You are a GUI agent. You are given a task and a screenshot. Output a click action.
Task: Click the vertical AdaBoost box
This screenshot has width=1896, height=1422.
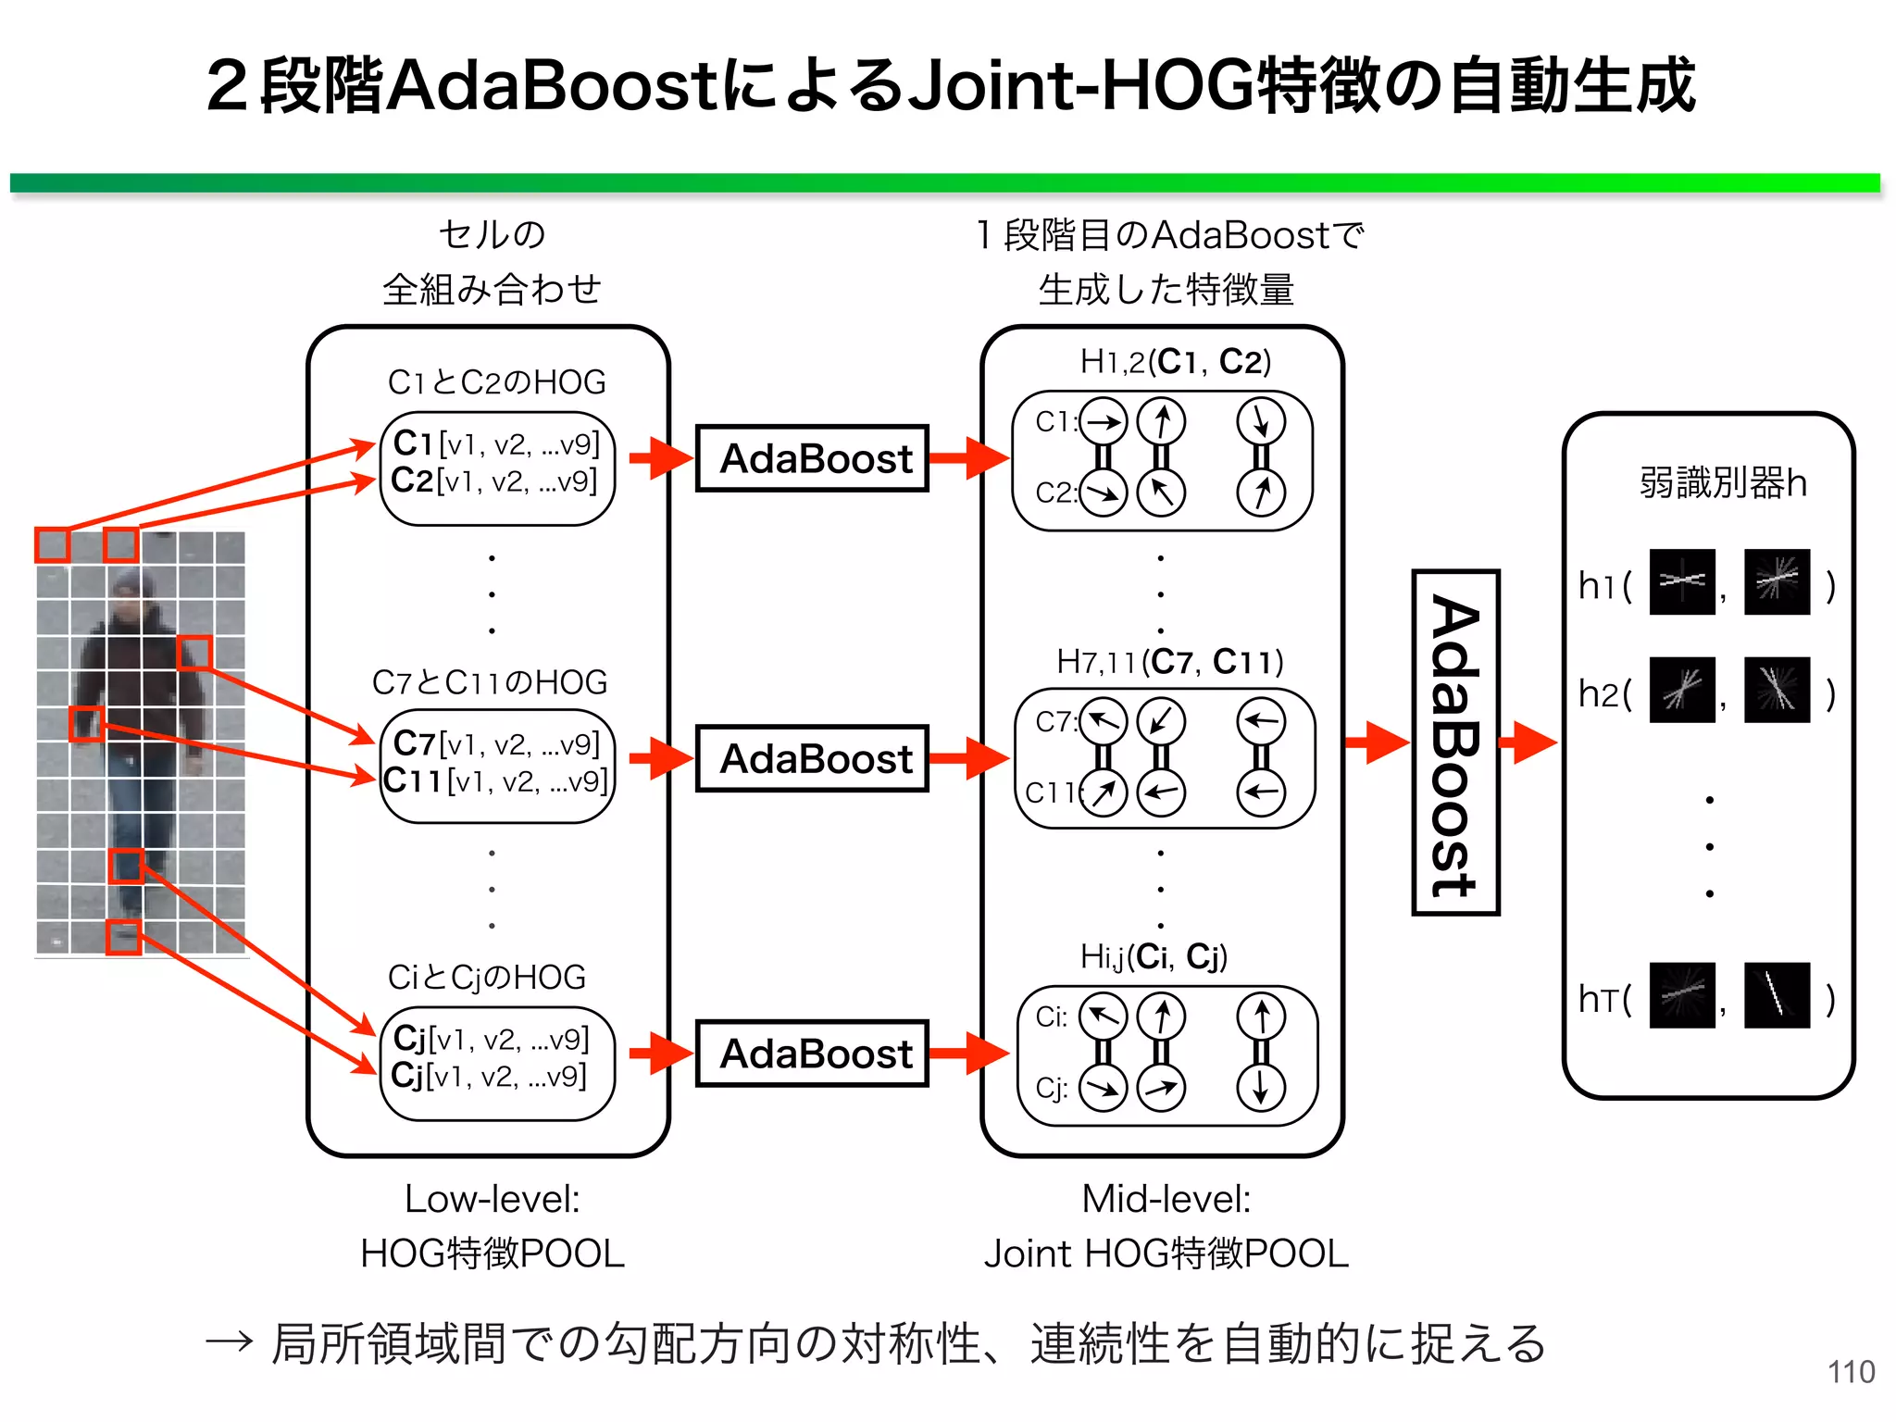pyautogui.click(x=1455, y=742)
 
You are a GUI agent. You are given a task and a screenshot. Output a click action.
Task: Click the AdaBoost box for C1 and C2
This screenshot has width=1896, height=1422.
pyautogui.click(x=812, y=458)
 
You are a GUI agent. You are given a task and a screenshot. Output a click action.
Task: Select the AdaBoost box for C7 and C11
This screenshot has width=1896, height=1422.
pyautogui.click(x=812, y=758)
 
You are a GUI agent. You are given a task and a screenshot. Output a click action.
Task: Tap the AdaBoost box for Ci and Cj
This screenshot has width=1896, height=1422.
pyautogui.click(x=812, y=1054)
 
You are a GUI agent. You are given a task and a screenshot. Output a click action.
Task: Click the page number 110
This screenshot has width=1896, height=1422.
pyautogui.click(x=1851, y=1371)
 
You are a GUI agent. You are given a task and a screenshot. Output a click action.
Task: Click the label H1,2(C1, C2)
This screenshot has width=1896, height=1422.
pyautogui.click(x=1175, y=361)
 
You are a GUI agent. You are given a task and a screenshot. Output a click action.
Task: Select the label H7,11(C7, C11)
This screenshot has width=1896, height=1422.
pyautogui.click(x=1169, y=662)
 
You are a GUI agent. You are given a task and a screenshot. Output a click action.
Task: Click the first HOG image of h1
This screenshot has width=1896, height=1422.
pyautogui.click(x=1682, y=582)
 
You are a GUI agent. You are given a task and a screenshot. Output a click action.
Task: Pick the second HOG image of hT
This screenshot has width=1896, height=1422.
pyautogui.click(x=1777, y=995)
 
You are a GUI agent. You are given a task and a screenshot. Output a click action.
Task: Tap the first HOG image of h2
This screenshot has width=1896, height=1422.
pyautogui.click(x=1682, y=691)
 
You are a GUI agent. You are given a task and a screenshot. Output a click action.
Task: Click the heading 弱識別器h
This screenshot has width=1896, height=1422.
pyautogui.click(x=1722, y=482)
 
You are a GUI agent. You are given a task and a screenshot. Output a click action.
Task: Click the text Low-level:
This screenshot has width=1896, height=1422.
pyautogui.click(x=492, y=1199)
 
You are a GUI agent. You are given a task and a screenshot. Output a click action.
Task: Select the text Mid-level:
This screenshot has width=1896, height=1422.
pyautogui.click(x=1166, y=1199)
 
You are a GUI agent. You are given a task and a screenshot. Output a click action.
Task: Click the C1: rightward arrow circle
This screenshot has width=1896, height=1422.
pyautogui.click(x=1103, y=422)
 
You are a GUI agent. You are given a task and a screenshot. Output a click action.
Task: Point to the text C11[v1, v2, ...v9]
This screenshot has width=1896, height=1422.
pyautogui.click(x=496, y=781)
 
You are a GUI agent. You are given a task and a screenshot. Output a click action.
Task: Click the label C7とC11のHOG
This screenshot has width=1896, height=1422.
pyautogui.click(x=490, y=682)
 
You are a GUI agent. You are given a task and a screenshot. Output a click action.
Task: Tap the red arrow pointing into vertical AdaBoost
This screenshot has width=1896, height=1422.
pyautogui.click(x=1376, y=742)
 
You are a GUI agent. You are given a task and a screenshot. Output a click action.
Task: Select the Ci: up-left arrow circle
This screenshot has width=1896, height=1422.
pyautogui.click(x=1103, y=1017)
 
